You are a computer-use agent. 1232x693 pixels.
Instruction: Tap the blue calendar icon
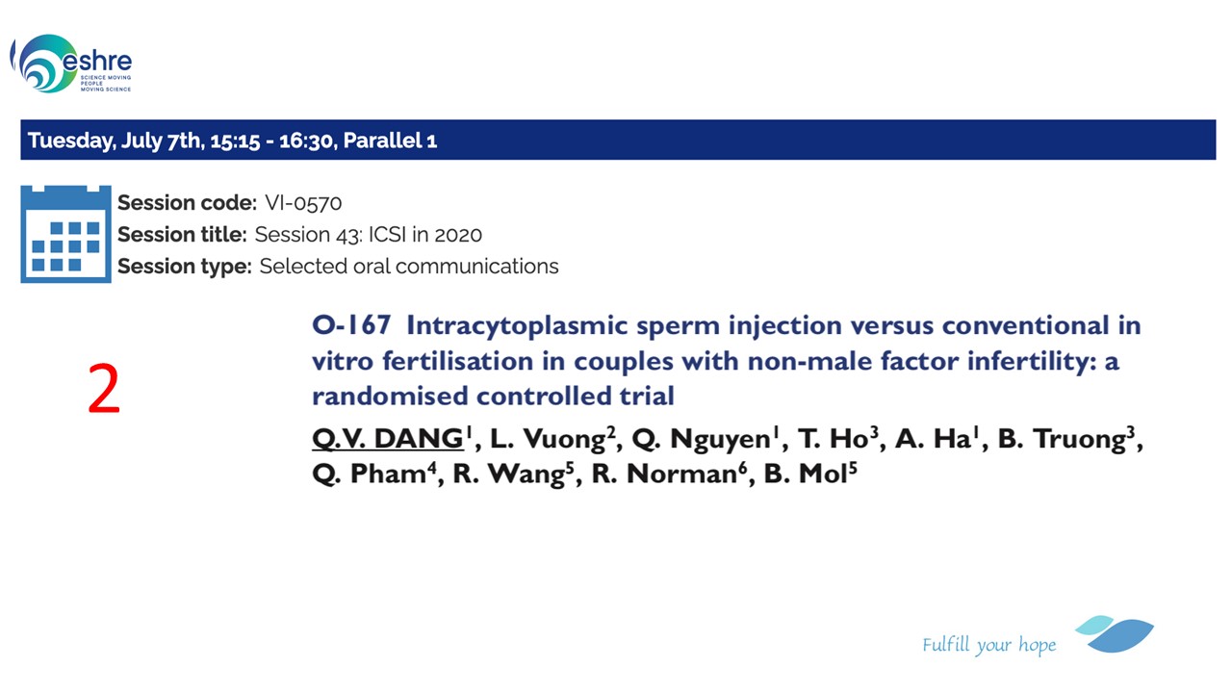pyautogui.click(x=66, y=234)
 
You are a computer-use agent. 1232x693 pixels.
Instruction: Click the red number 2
pyautogui.click(x=104, y=388)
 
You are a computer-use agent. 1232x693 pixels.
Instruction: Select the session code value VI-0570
pyautogui.click(x=303, y=203)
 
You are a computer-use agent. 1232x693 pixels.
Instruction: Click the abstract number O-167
pyautogui.click(x=351, y=325)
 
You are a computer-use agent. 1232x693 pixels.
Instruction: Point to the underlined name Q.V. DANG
pyautogui.click(x=388, y=438)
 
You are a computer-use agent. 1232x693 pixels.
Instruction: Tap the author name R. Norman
pyautogui.click(x=664, y=474)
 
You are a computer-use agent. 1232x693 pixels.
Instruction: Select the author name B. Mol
pyautogui.click(x=806, y=474)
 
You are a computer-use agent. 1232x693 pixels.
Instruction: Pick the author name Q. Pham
pyautogui.click(x=370, y=474)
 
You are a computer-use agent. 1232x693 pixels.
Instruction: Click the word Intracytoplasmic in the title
pyautogui.click(x=517, y=325)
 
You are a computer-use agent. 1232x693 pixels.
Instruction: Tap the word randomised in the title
pyautogui.click(x=390, y=396)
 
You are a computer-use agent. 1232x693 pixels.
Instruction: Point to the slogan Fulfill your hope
pyautogui.click(x=988, y=645)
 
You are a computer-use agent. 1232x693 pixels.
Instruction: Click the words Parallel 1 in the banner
pyautogui.click(x=390, y=141)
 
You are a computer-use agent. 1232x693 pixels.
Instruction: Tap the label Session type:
pyautogui.click(x=185, y=267)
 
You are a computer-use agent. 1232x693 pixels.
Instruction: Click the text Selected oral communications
pyautogui.click(x=409, y=267)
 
